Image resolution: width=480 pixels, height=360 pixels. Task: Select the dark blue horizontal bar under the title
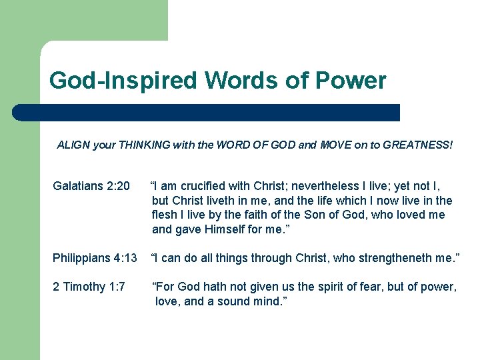(x=207, y=113)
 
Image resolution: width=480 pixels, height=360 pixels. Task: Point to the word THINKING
(x=145, y=144)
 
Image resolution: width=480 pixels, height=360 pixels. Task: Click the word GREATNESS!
(x=419, y=144)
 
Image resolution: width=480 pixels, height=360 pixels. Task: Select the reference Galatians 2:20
(x=91, y=185)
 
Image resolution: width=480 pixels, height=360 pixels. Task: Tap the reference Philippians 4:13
(x=95, y=258)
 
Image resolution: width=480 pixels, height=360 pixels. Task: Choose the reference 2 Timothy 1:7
(x=89, y=287)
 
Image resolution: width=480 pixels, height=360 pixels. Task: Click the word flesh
(x=166, y=215)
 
